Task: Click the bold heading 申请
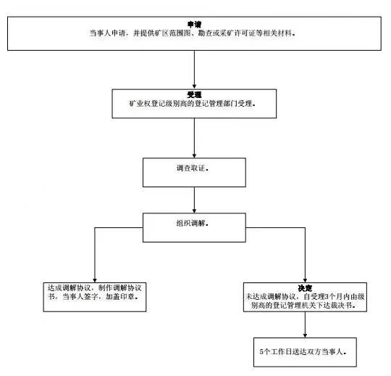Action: (x=194, y=24)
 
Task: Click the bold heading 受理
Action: (x=194, y=95)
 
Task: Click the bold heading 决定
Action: (x=305, y=288)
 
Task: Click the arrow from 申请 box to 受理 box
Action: (x=194, y=70)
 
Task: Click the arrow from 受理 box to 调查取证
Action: (x=194, y=138)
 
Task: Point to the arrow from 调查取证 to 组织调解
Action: (x=194, y=200)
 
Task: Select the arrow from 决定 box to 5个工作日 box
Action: (x=305, y=324)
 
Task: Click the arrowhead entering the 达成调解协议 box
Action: (x=95, y=280)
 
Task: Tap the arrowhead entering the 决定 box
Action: (x=305, y=280)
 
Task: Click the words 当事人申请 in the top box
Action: (x=107, y=33)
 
